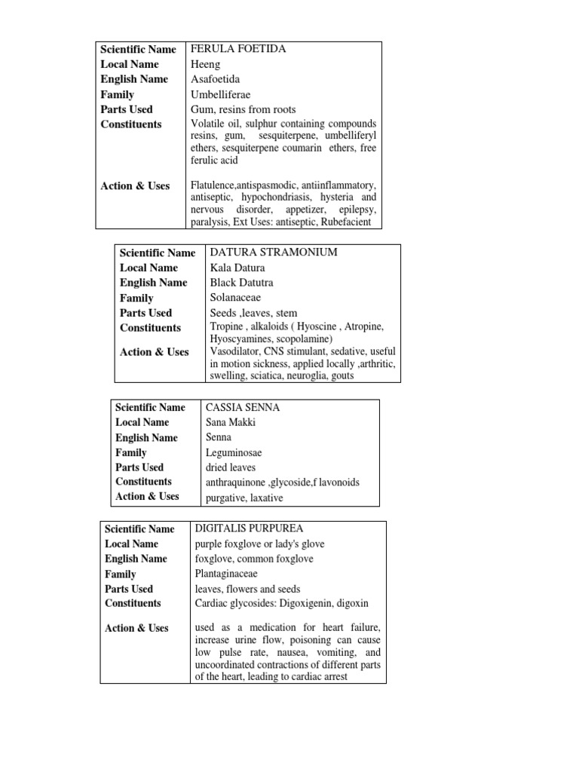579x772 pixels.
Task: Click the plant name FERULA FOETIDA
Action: click(238, 49)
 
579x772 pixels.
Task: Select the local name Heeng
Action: click(205, 64)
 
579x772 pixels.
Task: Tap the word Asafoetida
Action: click(217, 79)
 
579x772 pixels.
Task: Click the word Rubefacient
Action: click(346, 222)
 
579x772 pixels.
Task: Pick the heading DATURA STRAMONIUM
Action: click(273, 252)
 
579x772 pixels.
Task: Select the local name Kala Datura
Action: click(237, 267)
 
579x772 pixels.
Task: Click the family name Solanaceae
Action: click(237, 298)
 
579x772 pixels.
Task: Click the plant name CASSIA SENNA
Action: click(242, 407)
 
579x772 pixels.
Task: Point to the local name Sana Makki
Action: click(230, 422)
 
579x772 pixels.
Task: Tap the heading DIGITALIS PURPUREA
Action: click(249, 528)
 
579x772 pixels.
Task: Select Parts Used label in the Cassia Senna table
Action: click(139, 467)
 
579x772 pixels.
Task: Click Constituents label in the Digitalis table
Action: click(133, 603)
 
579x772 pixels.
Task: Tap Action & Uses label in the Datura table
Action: click(155, 352)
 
